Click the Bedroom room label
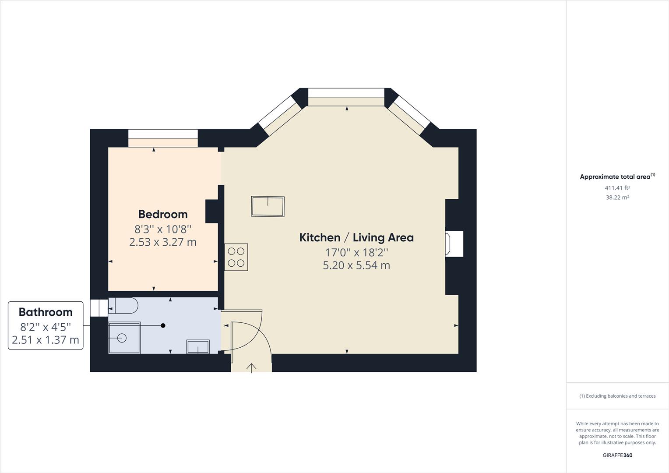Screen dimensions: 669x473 (x=163, y=214)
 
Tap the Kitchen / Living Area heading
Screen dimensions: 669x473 (x=356, y=237)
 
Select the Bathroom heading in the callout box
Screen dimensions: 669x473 (x=46, y=312)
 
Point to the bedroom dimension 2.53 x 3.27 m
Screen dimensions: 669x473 (x=163, y=242)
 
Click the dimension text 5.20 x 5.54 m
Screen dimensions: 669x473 (x=356, y=265)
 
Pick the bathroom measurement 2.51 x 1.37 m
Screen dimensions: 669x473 (x=46, y=340)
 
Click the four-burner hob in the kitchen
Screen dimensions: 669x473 (x=236, y=257)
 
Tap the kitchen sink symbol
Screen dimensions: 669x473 (x=268, y=206)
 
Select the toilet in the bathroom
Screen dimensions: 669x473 (x=123, y=305)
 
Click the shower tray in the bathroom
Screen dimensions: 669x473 (x=124, y=338)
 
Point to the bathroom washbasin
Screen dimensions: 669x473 (x=198, y=346)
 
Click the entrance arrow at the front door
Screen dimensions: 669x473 (x=251, y=368)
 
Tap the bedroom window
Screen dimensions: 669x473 (x=163, y=134)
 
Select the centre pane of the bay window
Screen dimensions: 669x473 (x=346, y=92)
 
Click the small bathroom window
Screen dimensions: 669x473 (x=99, y=308)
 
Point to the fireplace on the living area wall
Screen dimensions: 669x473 (x=454, y=244)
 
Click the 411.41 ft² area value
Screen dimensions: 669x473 (x=618, y=188)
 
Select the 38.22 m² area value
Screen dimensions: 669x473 (x=618, y=198)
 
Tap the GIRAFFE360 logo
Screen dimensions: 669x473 (x=617, y=455)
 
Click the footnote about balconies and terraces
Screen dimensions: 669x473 (x=617, y=396)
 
